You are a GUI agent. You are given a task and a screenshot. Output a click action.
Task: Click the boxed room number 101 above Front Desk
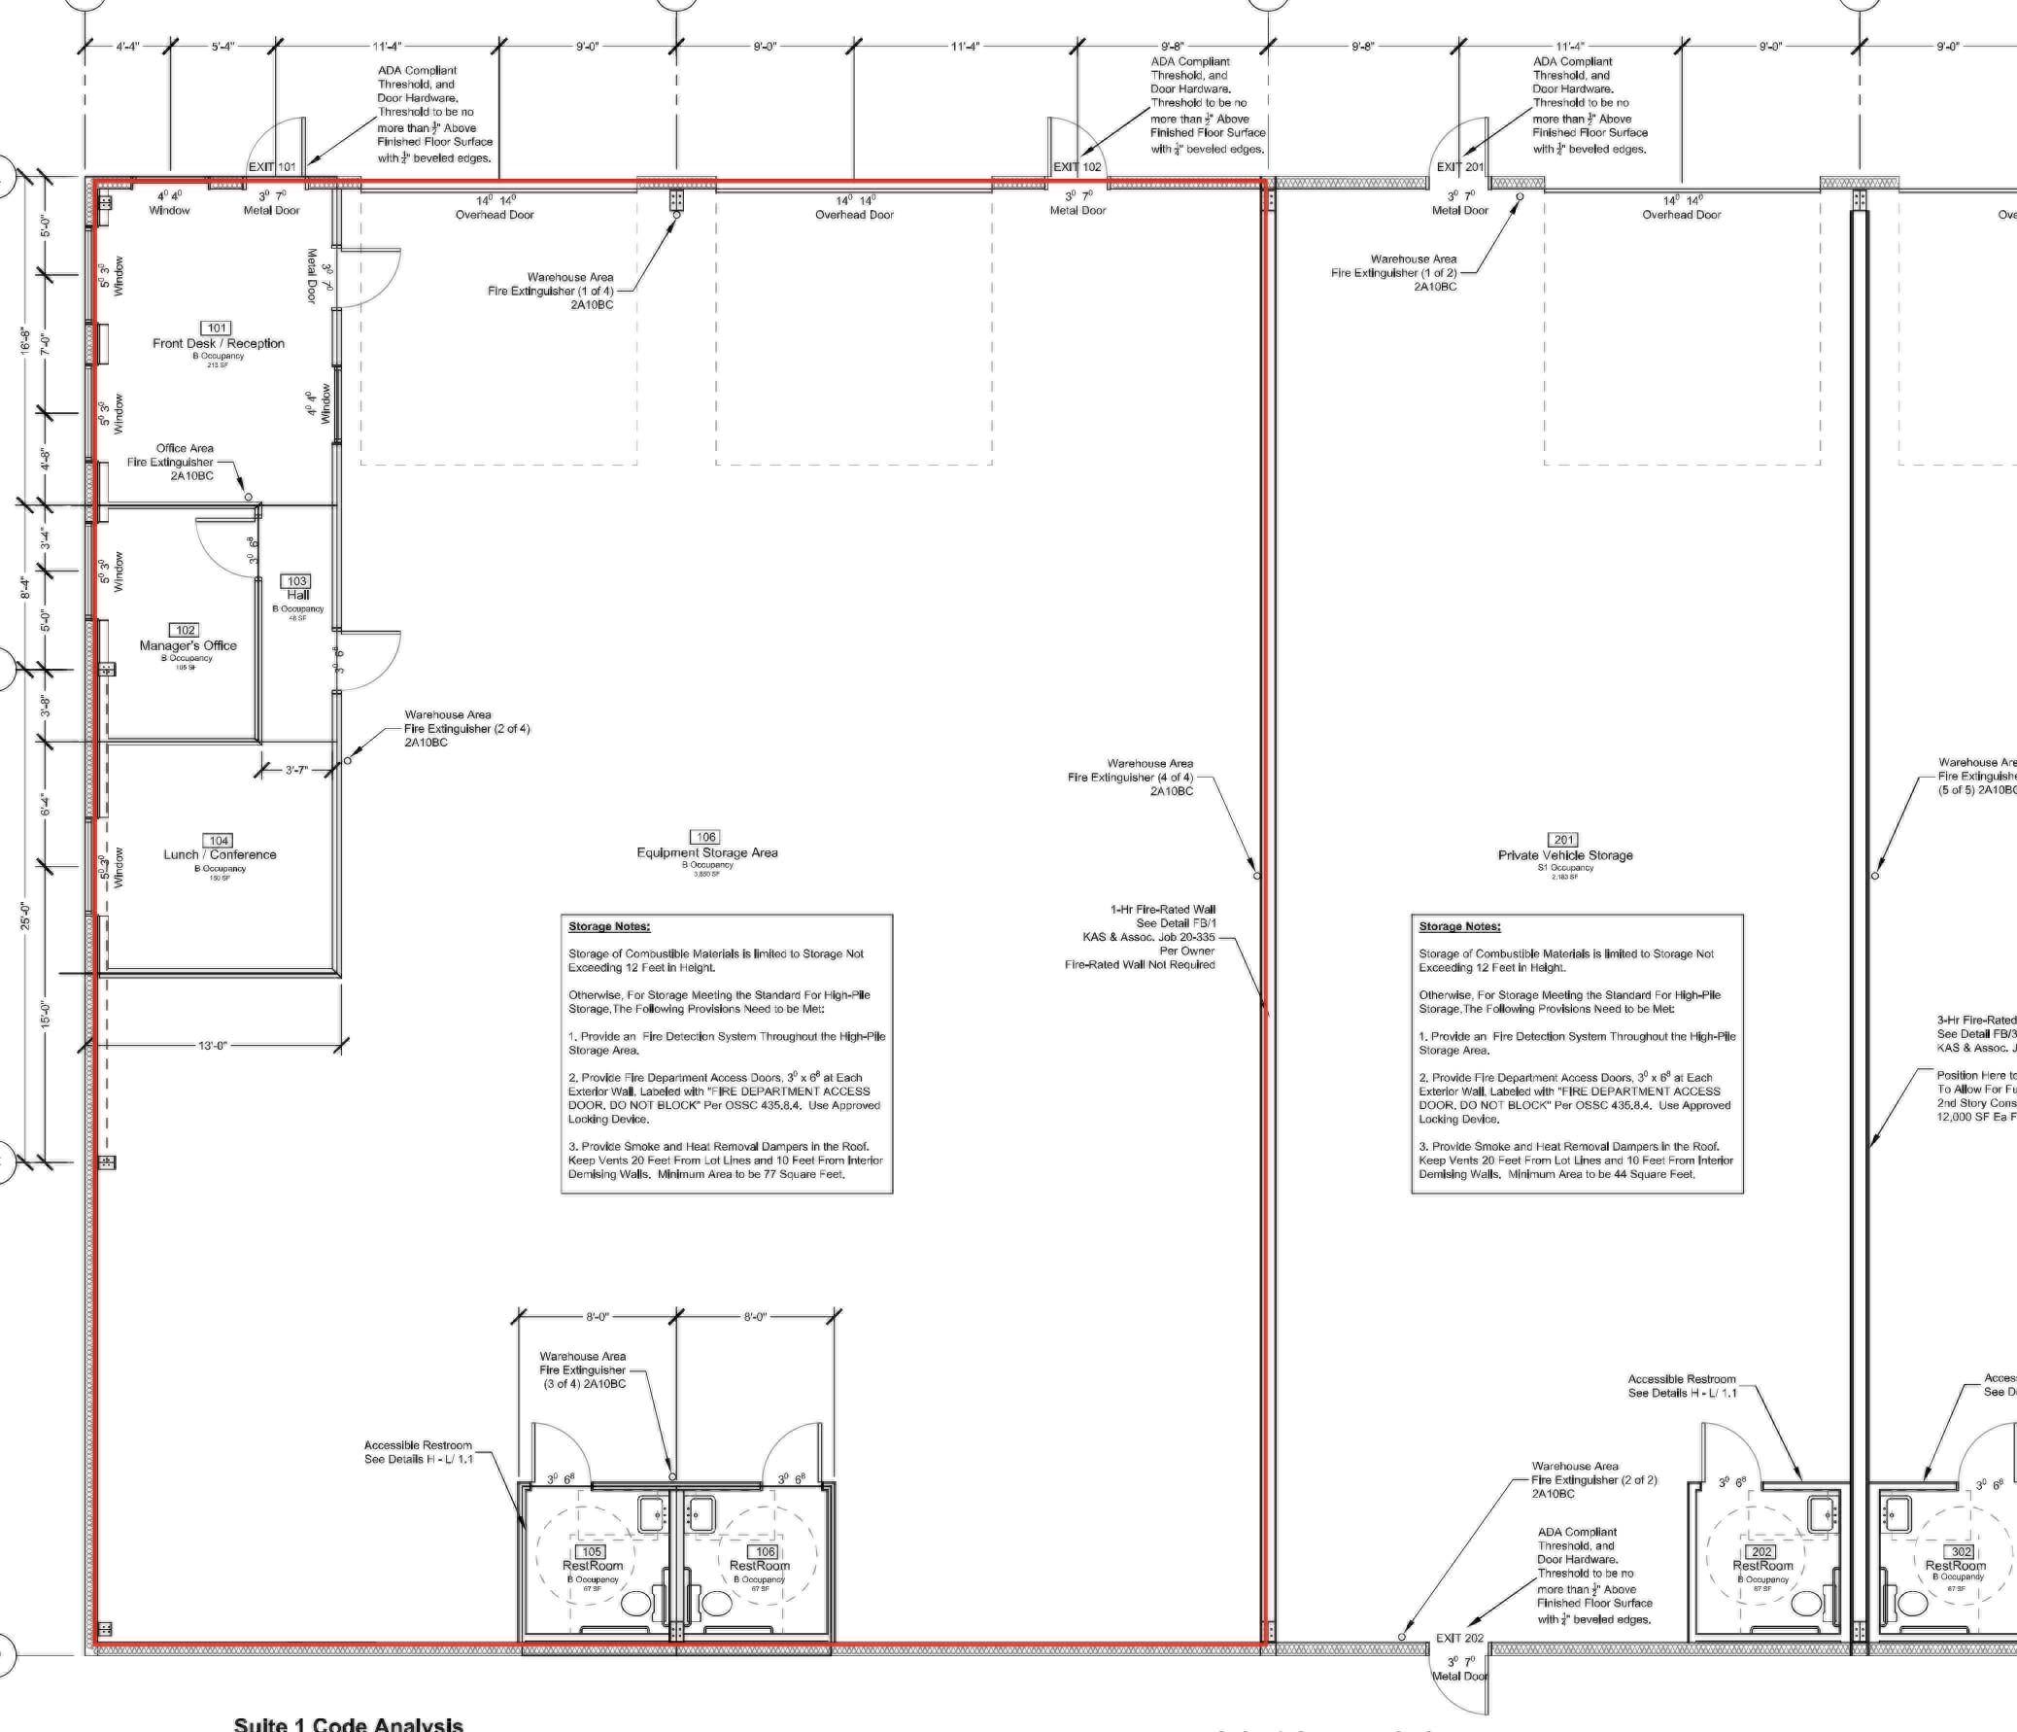[x=217, y=329]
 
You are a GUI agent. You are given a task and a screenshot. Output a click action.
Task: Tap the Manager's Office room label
[x=188, y=645]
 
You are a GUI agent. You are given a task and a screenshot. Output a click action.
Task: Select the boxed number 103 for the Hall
[x=297, y=581]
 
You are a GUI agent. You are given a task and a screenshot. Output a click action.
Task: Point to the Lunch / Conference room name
[x=220, y=854]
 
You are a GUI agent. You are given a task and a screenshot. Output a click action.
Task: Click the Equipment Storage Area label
[x=706, y=852]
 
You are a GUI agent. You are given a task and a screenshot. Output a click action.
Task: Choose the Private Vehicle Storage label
[x=1564, y=855]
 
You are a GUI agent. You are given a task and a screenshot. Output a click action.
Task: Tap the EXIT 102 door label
[x=1077, y=167]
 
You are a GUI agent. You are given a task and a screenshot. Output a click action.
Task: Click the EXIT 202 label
[x=1460, y=1639]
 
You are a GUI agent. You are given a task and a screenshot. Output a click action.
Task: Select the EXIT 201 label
[x=1460, y=167]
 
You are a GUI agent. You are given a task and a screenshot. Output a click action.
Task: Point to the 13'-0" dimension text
[x=212, y=1046]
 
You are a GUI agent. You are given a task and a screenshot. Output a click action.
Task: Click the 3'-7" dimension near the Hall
[x=296, y=771]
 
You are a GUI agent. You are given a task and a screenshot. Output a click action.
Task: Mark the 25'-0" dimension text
[x=26, y=917]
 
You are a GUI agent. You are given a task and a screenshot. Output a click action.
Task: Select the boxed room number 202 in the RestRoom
[x=1761, y=1552]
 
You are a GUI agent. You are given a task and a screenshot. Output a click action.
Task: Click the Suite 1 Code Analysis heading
[x=349, y=1724]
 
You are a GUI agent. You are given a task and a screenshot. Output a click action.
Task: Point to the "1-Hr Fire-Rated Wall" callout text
[x=1162, y=910]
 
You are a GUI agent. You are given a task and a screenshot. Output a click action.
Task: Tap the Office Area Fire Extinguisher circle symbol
[x=248, y=498]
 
